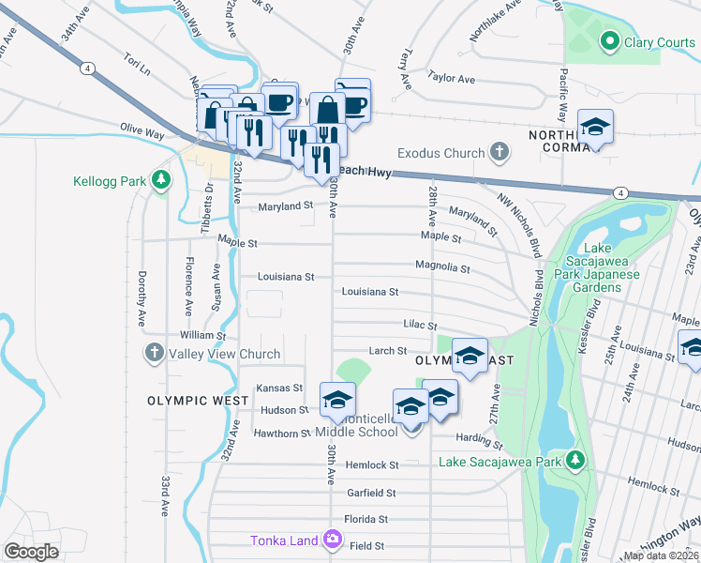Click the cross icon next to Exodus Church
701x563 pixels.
pyautogui.click(x=500, y=152)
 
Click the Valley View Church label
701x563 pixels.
pyautogui.click(x=225, y=354)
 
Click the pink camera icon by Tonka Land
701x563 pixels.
pyautogui.click(x=332, y=540)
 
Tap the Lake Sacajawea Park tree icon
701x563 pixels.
pyautogui.click(x=579, y=461)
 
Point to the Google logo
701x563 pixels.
pyautogui.click(x=31, y=552)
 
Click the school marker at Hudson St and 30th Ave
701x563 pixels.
pyautogui.click(x=337, y=400)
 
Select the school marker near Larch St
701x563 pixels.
pyautogui.click(x=470, y=355)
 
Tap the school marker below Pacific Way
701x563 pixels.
pyautogui.click(x=594, y=128)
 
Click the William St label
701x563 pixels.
pyautogui.click(x=203, y=335)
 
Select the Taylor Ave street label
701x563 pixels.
pyautogui.click(x=447, y=77)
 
